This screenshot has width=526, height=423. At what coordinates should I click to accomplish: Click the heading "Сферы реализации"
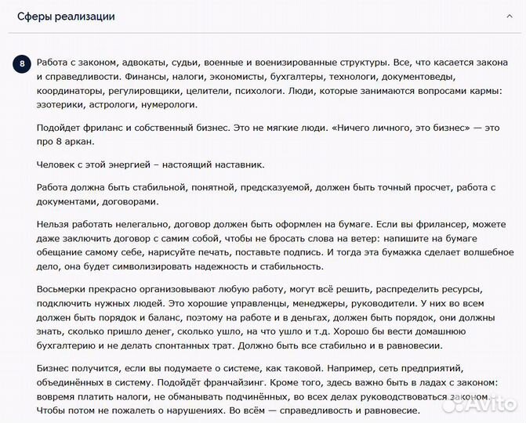(x=66, y=16)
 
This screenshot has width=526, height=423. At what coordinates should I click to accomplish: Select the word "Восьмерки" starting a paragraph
(x=65, y=289)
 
